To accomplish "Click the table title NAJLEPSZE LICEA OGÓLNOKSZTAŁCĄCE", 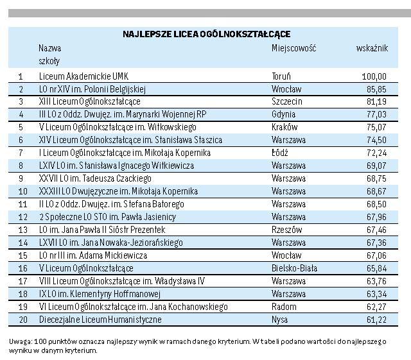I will tap(206, 33).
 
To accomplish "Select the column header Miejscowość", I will tap(294, 48).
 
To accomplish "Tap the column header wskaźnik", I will tap(371, 48).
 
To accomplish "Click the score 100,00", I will tap(374, 76).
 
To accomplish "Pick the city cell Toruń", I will tap(282, 76).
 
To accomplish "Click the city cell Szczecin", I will tap(286, 101).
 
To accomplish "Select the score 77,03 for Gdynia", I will tap(376, 114).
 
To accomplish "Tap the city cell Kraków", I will tap(283, 127).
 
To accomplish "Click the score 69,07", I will tap(376, 166).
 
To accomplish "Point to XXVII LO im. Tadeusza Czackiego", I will tap(95, 178).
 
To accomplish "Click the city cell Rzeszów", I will tap(286, 230).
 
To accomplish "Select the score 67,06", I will tap(376, 255).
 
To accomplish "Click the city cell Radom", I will tap(283, 307).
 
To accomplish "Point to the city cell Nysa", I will tap(280, 320).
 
